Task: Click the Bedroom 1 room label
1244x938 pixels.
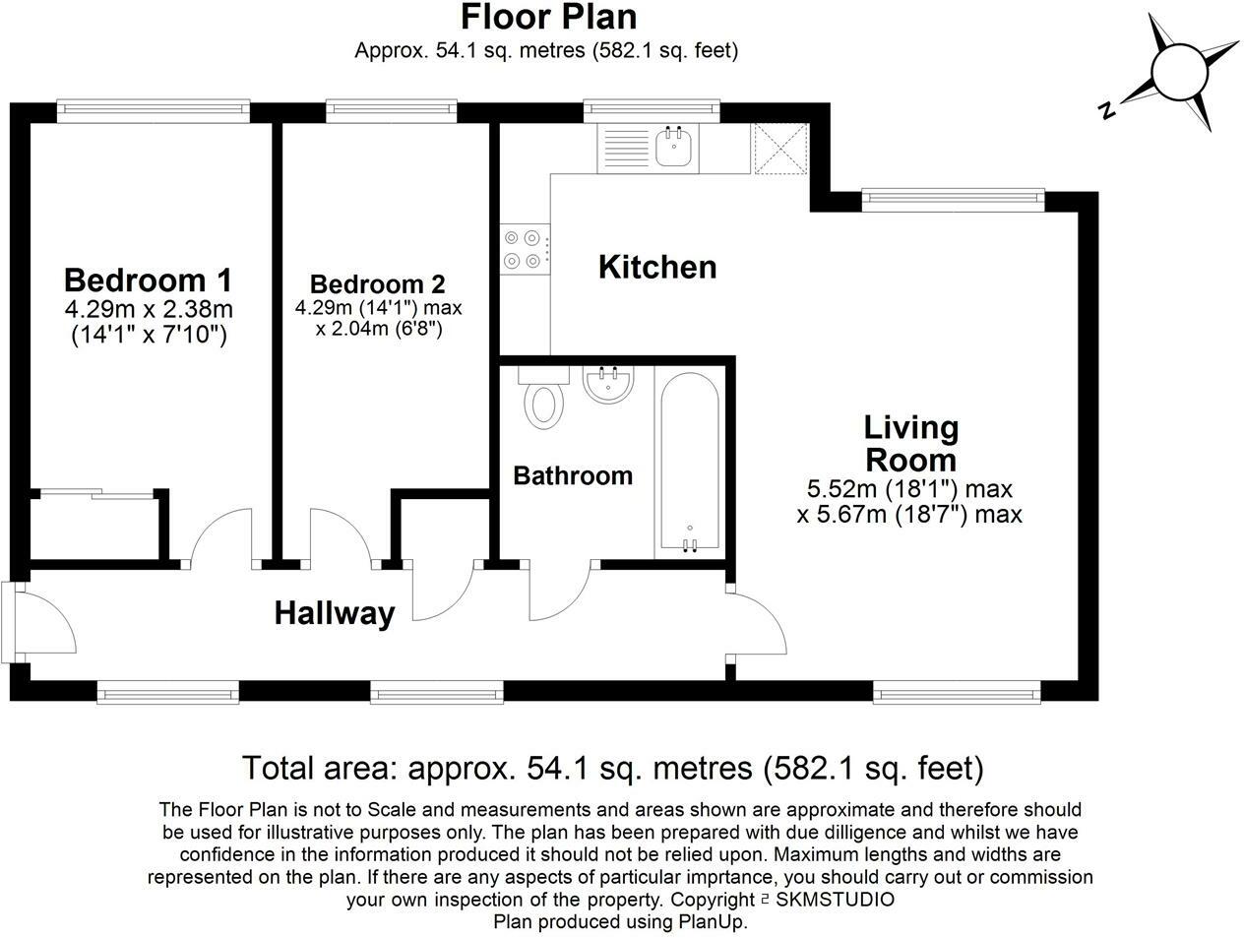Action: [x=148, y=280]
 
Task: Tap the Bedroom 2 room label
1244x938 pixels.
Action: [x=378, y=284]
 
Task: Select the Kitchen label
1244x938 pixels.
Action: [x=657, y=267]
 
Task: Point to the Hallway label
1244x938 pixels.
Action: [x=335, y=614]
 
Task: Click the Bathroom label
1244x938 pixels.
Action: [x=573, y=475]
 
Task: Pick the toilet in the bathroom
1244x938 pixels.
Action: [x=543, y=398]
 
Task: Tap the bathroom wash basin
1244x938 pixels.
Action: [x=608, y=385]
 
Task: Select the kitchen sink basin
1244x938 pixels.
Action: [x=673, y=147]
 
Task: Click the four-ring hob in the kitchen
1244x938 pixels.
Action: [x=525, y=249]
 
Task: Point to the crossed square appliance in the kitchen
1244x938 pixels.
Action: [x=779, y=149]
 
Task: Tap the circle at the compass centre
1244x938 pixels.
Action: [x=1179, y=73]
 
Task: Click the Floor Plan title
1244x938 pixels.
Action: [x=548, y=17]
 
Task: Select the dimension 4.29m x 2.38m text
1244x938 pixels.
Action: [x=149, y=309]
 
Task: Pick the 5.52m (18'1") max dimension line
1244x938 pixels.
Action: [x=909, y=488]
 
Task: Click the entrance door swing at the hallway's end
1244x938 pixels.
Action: [x=46, y=622]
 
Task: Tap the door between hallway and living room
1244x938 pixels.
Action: [x=757, y=623]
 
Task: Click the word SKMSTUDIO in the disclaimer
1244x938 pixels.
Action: [x=835, y=900]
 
